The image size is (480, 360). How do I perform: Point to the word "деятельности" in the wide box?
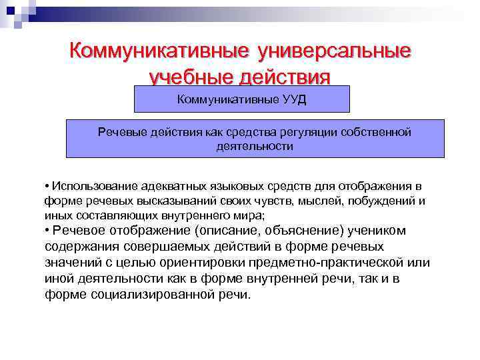(x=255, y=145)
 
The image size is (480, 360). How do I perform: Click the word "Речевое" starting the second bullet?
(x=79, y=231)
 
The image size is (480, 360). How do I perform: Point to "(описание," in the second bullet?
(x=226, y=231)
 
